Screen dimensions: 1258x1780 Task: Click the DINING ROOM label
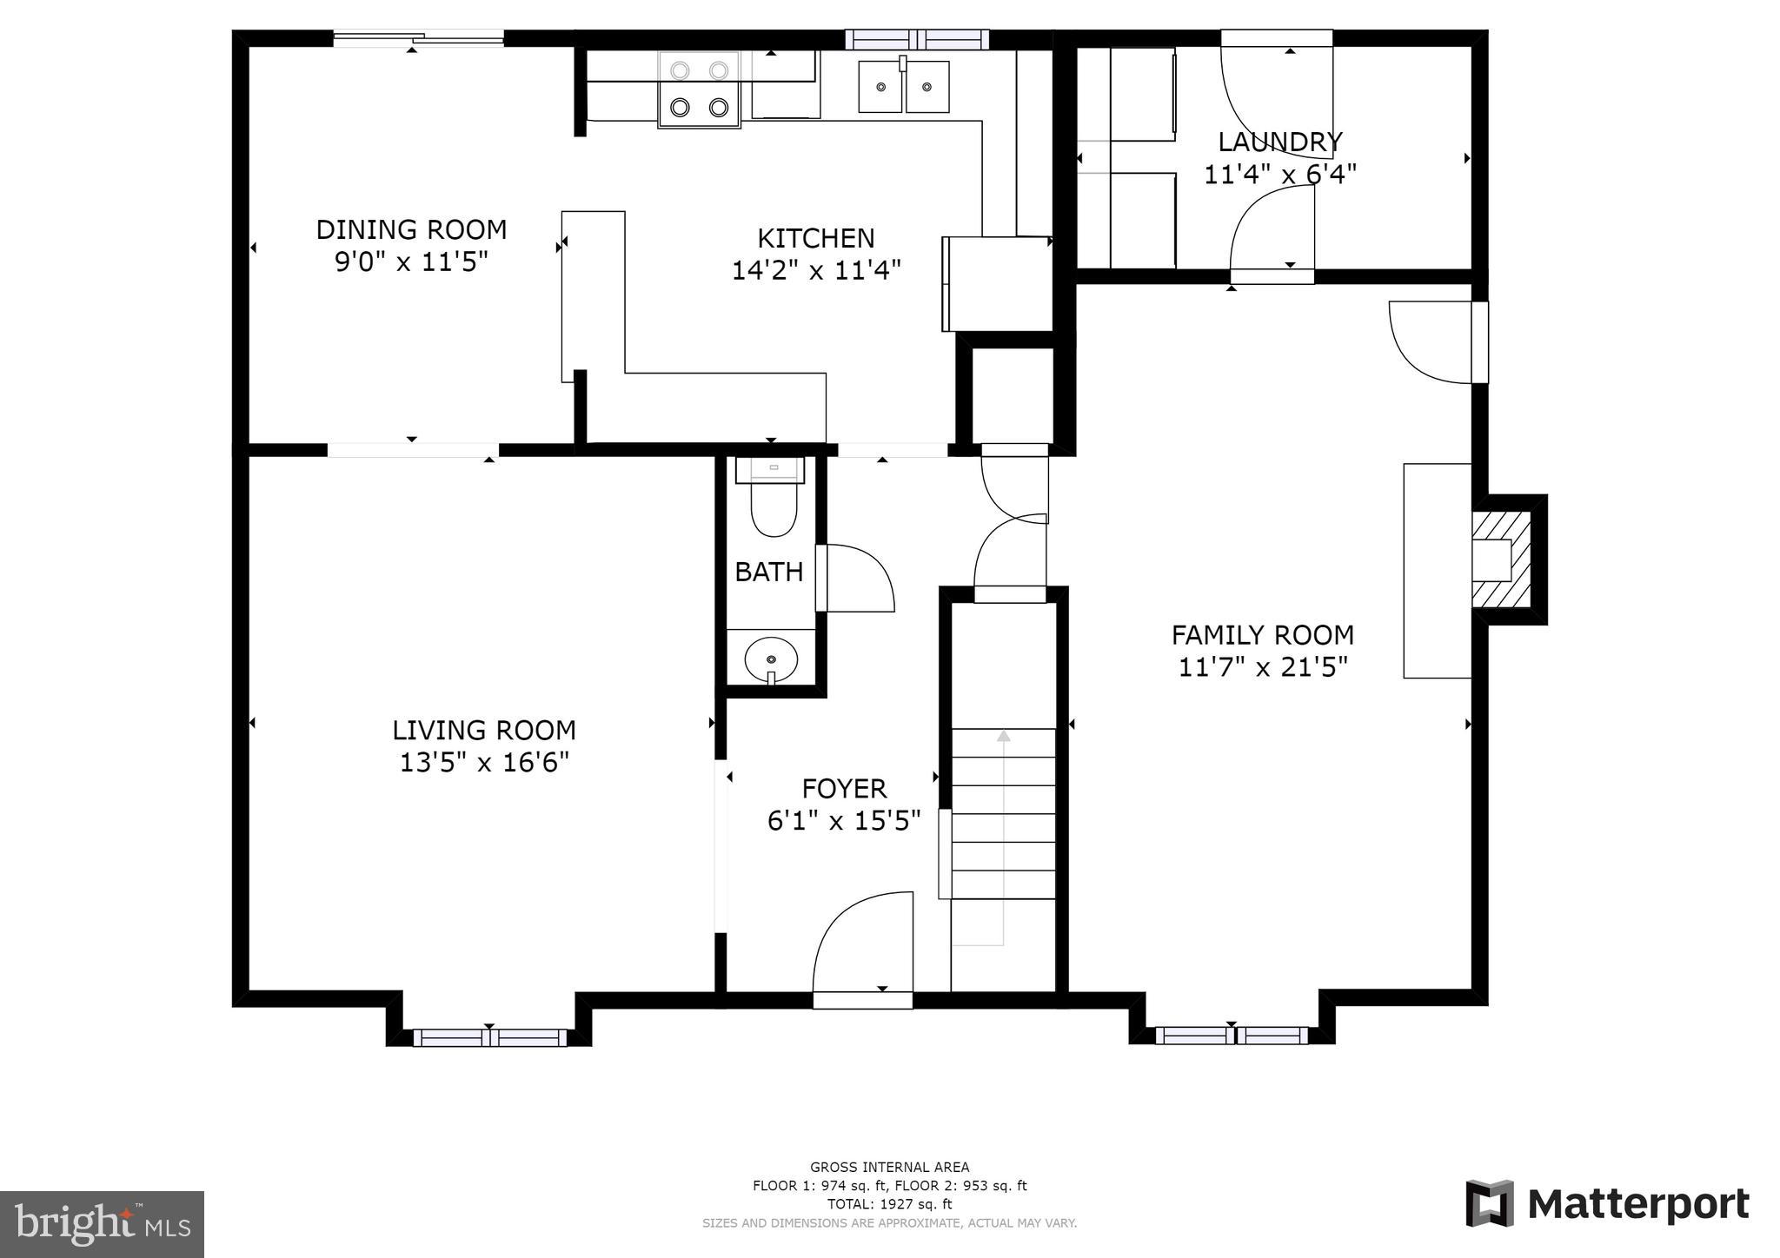411,230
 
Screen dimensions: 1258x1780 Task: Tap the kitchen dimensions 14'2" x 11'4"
815,270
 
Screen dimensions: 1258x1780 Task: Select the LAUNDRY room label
1279,142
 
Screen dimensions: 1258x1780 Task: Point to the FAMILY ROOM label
1262,635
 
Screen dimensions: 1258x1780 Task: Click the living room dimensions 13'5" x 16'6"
484,763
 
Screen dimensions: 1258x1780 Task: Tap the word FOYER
844,789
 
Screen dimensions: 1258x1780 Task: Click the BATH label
768,572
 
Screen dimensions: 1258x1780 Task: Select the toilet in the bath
773,509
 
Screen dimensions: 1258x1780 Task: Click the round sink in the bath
771,658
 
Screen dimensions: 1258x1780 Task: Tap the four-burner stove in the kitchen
699,89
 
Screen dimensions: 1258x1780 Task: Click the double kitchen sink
903,87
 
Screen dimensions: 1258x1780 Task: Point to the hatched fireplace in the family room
1502,559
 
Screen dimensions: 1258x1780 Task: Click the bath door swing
857,578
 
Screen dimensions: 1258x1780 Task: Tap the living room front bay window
489,1037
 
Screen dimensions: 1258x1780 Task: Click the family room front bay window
1231,1035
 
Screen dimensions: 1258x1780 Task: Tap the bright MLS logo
102,1224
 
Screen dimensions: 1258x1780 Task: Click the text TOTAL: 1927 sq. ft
889,1204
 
